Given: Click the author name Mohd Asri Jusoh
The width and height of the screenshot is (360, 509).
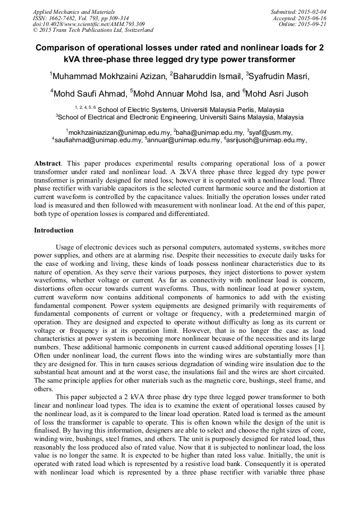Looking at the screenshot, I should click(277, 94).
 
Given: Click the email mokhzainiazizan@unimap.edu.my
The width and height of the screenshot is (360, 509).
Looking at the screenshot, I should click(119, 132).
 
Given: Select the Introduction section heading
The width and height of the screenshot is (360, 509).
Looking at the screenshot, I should click(54, 231).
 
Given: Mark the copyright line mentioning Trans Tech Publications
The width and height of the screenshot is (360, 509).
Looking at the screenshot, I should click(93, 31).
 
